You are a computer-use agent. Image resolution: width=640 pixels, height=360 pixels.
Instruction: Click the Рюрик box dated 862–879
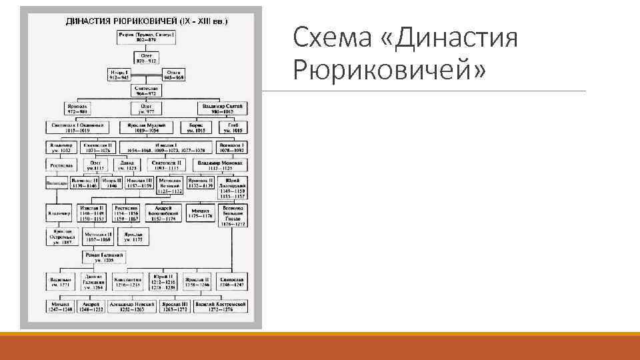point(147,37)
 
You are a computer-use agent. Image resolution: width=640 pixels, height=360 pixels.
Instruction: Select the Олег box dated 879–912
point(147,55)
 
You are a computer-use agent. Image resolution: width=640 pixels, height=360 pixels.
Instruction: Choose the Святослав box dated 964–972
point(147,91)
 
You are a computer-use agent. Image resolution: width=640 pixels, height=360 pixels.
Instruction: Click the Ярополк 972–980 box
point(78,108)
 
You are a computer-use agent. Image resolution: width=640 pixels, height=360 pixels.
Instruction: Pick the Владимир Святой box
point(224,108)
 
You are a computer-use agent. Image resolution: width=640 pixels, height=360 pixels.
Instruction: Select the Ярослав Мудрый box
point(147,127)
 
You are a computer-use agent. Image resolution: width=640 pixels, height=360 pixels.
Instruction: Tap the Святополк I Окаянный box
point(78,127)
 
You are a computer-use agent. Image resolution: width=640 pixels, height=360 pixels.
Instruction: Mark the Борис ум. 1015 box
point(196,127)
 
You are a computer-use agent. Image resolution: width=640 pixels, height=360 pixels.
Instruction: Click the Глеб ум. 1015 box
point(233,127)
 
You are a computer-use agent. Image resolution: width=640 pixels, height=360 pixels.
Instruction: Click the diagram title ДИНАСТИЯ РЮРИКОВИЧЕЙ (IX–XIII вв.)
point(147,21)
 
